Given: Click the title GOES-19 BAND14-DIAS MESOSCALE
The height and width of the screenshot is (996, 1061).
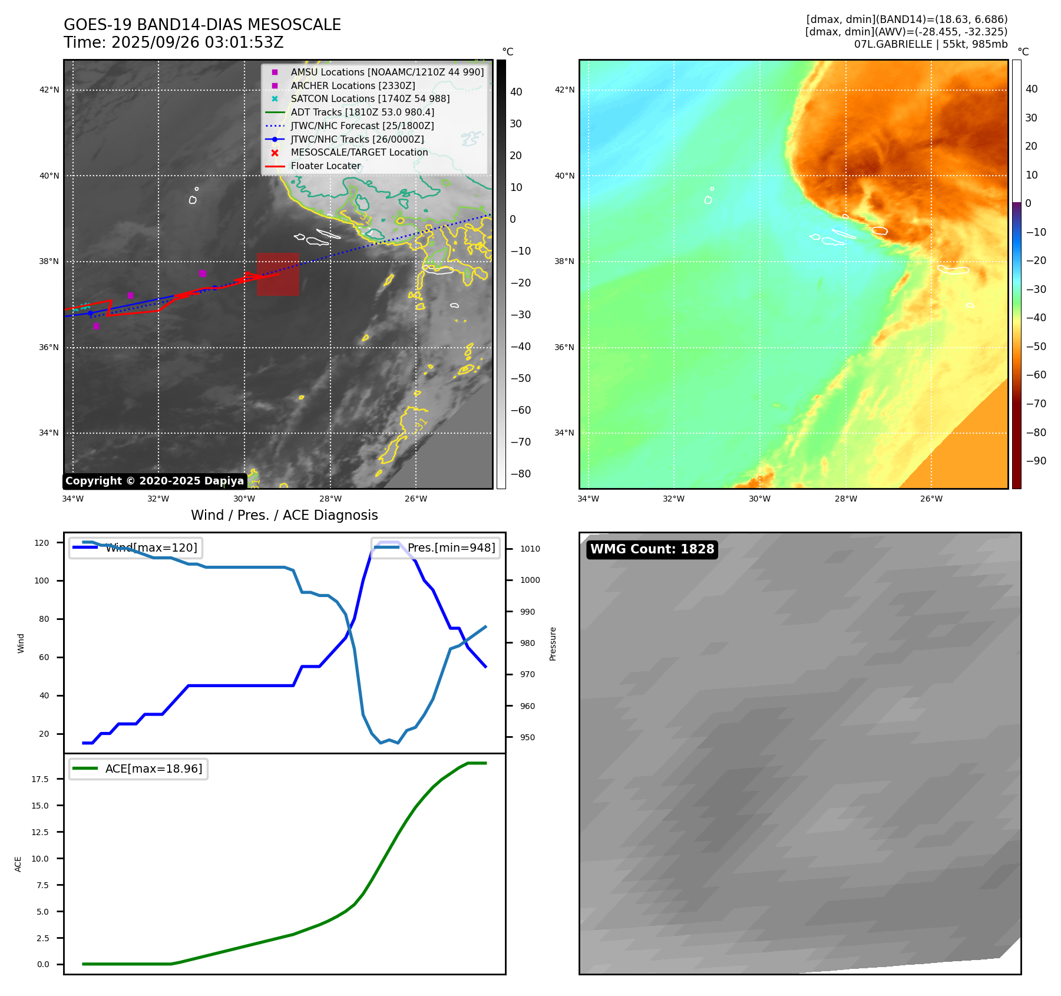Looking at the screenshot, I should [x=202, y=25].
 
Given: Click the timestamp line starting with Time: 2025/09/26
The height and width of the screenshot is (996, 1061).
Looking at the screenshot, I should [x=174, y=43].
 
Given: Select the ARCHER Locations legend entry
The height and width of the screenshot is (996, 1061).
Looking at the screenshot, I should [x=352, y=85].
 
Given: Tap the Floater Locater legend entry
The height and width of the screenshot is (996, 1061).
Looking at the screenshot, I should [x=325, y=166].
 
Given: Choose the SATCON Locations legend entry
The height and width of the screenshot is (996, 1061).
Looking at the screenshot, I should [x=369, y=99].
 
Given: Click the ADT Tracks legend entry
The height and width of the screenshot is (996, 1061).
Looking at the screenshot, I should [x=362, y=112].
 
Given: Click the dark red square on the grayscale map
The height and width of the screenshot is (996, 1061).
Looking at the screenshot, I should [x=277, y=274].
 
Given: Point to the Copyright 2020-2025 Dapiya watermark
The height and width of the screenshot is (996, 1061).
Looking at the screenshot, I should [x=154, y=481].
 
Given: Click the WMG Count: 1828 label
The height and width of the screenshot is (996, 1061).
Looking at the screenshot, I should [x=652, y=549].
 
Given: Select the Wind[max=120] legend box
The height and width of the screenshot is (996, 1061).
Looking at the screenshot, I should [x=136, y=548].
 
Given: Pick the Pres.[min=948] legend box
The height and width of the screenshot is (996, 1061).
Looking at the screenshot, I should [x=435, y=548].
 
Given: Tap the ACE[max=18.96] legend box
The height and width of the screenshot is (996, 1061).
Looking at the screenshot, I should [x=138, y=769].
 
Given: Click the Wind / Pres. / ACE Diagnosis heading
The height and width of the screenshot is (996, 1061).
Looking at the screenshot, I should [x=284, y=515].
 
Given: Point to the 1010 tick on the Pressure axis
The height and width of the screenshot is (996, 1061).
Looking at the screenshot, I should [x=530, y=549].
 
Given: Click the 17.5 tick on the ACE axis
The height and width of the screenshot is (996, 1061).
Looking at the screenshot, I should [x=40, y=779].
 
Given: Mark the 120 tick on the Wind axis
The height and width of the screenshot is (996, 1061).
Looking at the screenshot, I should [x=42, y=543].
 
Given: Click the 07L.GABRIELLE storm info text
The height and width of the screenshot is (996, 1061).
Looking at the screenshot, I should [x=930, y=44].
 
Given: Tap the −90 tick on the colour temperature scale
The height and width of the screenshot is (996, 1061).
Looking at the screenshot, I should [x=1036, y=461].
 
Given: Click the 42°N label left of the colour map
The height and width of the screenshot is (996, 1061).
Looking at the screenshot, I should [x=564, y=90].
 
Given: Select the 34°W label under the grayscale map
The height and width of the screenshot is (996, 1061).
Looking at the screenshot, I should [x=73, y=499].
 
